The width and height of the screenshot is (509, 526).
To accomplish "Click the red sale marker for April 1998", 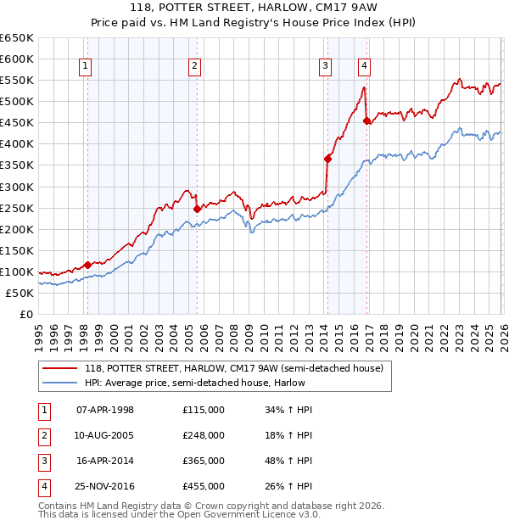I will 87,265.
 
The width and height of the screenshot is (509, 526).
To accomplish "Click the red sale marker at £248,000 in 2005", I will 197,209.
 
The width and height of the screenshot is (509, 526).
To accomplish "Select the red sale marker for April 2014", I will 327,158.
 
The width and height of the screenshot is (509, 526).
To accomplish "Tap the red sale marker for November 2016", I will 366,120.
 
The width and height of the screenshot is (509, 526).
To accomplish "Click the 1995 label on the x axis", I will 39,333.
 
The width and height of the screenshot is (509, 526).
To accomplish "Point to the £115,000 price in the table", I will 204,410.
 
